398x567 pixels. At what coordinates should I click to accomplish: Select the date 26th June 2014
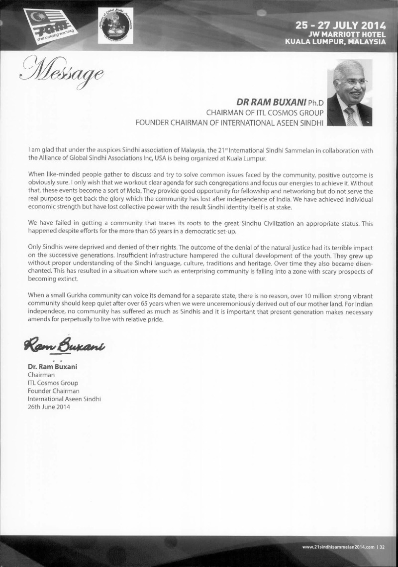pos(48,407)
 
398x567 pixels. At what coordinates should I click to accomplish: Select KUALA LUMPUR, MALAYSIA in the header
pos(334,41)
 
